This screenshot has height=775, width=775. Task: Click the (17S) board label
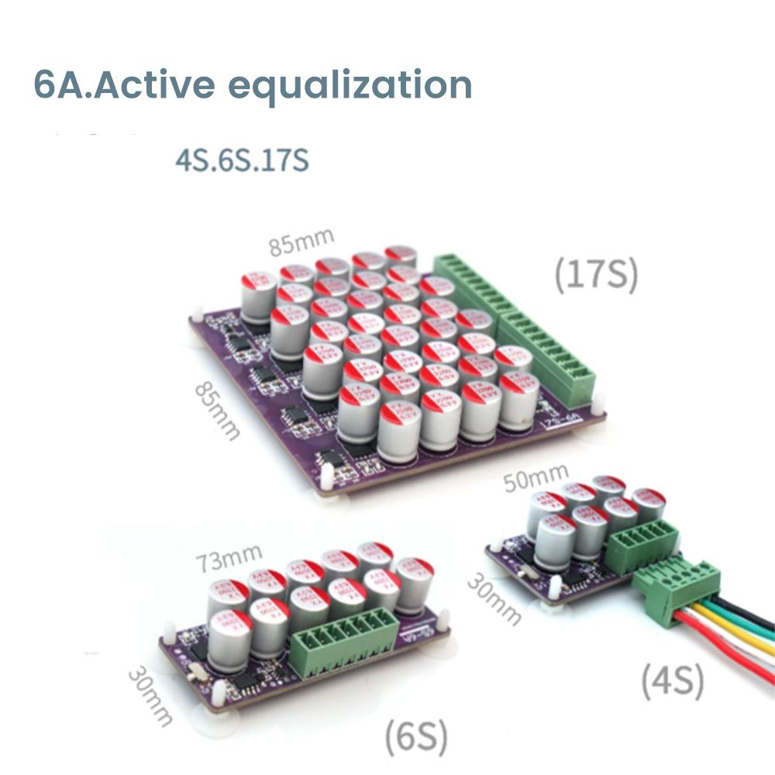pos(596,275)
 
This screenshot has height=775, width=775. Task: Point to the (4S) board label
pos(672,682)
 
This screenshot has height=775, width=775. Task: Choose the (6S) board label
pos(416,737)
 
